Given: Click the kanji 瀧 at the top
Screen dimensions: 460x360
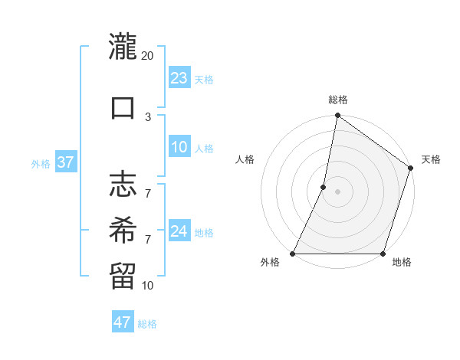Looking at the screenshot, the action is (123, 47).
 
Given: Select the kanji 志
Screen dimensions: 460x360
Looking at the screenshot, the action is (123, 185).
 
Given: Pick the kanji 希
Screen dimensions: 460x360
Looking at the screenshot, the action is (123, 228).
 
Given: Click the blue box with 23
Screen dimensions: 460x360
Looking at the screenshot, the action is (179, 78).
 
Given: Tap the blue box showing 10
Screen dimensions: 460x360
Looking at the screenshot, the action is (179, 148).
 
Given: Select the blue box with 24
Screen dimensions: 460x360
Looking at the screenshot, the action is (179, 231).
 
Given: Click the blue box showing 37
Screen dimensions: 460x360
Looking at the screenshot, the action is (66, 163).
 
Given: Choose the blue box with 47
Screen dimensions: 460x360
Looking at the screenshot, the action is (123, 322).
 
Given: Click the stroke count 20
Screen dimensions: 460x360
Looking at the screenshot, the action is (148, 56).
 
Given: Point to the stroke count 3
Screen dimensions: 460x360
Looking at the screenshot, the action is (148, 116).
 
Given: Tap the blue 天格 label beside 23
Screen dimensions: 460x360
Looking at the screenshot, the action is (204, 79).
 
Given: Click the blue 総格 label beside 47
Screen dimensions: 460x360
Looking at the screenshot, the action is (147, 324).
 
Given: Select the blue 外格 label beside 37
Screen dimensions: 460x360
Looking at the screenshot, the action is (41, 164).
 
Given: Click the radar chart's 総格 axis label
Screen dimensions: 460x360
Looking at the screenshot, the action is (338, 100).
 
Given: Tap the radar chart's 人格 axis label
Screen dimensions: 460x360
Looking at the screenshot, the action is (245, 159).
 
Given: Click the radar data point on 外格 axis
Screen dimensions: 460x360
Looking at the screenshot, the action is (293, 254).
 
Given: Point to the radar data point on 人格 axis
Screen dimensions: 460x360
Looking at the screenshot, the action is (324, 187).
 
